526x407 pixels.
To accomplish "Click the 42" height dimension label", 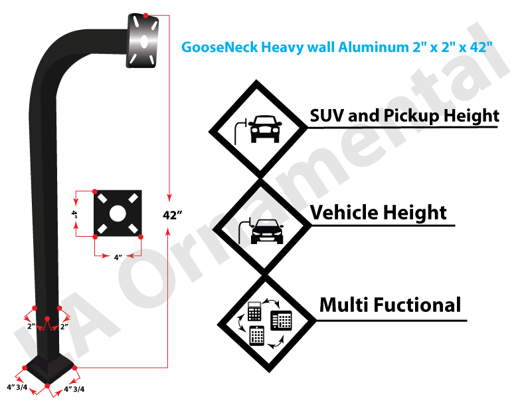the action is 172,215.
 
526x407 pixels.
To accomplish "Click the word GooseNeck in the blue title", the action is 220,47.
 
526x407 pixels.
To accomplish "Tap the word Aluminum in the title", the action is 374,47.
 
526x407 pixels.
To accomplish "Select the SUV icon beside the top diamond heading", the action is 266,129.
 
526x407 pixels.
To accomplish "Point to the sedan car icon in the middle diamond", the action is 267,231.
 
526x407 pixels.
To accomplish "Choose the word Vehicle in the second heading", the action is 344,213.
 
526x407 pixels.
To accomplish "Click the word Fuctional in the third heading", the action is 417,305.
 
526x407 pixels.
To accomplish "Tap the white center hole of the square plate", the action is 118,213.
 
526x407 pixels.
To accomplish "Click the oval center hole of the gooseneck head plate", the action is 144,42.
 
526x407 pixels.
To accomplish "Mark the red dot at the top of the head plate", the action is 145,15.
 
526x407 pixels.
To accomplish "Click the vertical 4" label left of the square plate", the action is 74,214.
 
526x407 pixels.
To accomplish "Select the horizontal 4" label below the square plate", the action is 118,257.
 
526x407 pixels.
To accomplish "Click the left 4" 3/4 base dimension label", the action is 17,387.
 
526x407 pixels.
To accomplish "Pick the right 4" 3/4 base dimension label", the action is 74,389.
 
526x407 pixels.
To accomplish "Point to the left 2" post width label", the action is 31,326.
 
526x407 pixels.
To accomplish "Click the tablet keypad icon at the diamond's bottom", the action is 257,335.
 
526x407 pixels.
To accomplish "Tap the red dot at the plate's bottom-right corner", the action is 141,237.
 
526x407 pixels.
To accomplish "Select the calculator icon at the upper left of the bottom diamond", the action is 254,311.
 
